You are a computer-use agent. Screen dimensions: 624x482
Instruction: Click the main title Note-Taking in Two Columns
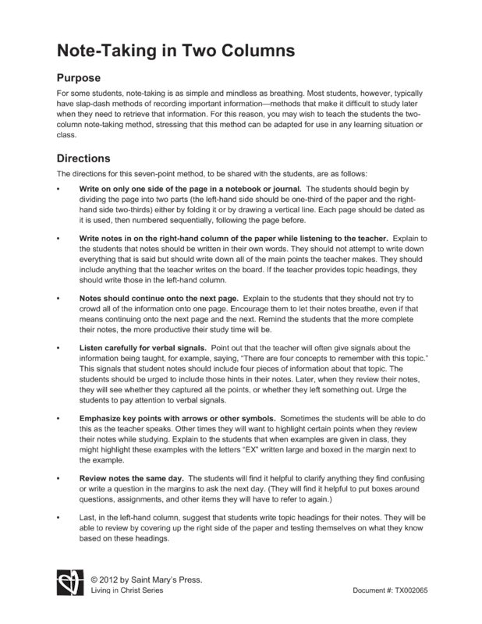coord(175,51)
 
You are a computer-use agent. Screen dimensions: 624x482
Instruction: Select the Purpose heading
coord(84,79)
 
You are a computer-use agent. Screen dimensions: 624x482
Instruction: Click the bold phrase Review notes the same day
coord(132,478)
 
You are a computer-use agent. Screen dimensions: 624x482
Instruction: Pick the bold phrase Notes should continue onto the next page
coord(160,299)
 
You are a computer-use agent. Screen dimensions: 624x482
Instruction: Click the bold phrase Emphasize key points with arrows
coord(178,420)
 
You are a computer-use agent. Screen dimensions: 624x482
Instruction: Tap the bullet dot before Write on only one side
coord(59,190)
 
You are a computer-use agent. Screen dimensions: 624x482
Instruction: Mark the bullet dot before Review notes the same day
coord(59,478)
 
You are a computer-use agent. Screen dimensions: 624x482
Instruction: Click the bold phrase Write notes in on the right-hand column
coord(233,237)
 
